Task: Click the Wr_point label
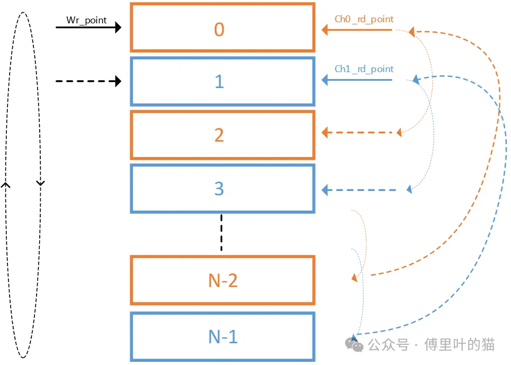point(86,20)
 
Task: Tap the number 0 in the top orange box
point(219,30)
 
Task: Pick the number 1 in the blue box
point(219,82)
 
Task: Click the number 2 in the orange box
point(219,135)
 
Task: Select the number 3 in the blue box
point(219,189)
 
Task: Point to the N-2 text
point(222,280)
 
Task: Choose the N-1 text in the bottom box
point(222,336)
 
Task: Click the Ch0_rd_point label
point(364,19)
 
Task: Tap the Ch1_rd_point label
point(364,69)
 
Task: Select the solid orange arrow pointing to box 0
point(357,30)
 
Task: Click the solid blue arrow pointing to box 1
point(357,80)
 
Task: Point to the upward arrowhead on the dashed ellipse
point(6,185)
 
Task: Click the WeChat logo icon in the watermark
point(354,344)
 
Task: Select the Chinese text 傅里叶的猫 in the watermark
point(459,345)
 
